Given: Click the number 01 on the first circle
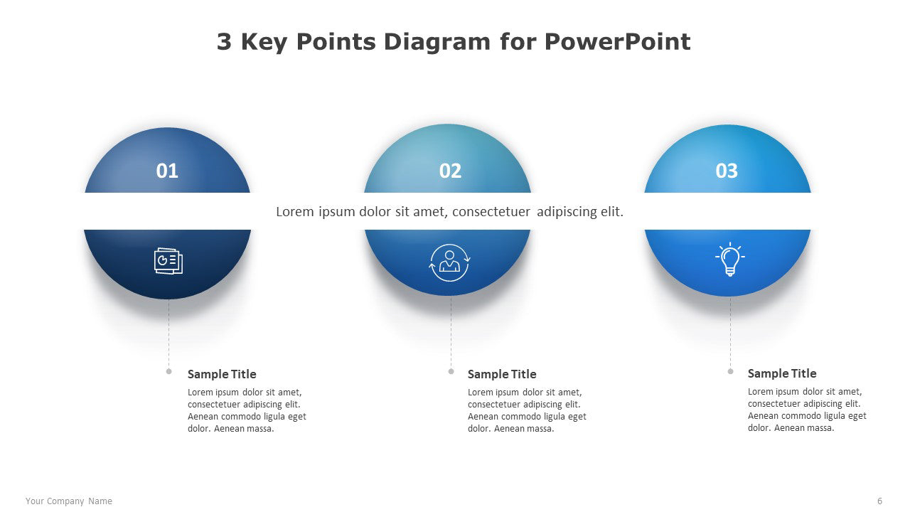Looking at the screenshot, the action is click(x=167, y=171).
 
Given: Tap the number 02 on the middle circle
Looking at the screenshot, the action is click(x=450, y=171).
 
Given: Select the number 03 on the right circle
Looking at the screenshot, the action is click(x=727, y=171).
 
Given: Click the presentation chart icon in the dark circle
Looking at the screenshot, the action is click(x=168, y=261).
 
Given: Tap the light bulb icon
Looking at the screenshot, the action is click(x=730, y=259).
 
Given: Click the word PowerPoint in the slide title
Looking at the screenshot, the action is click(x=618, y=42).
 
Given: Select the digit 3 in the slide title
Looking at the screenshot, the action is click(x=224, y=42).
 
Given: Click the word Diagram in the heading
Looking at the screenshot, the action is click(x=437, y=43).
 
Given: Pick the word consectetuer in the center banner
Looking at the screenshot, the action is click(x=491, y=212).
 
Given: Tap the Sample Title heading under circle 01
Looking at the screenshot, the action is click(x=222, y=374).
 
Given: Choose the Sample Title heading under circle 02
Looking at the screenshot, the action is click(x=502, y=374).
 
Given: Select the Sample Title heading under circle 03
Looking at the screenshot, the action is click(x=782, y=373).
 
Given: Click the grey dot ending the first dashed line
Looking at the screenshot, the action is click(x=169, y=371).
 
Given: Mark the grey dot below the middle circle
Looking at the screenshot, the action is click(x=451, y=371).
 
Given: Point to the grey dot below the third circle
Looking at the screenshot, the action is click(x=730, y=371).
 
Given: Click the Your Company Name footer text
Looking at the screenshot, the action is click(x=69, y=501).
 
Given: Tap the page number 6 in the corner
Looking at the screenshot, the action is click(x=879, y=501).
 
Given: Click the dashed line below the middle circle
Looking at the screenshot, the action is click(x=451, y=332).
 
